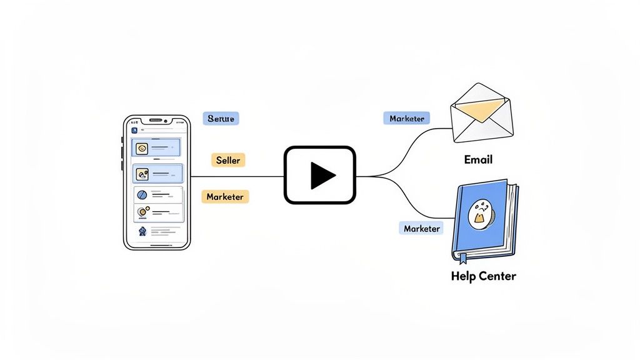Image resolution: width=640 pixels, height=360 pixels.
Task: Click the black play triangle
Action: (x=322, y=175)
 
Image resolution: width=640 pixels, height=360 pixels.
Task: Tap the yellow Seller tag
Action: (x=228, y=160)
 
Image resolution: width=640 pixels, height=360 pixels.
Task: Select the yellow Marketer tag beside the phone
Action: (x=225, y=196)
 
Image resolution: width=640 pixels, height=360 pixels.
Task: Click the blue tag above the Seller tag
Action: (x=221, y=118)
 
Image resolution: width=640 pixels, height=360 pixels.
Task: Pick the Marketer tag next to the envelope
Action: (x=406, y=118)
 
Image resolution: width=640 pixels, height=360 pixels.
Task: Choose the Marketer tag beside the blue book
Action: (x=421, y=228)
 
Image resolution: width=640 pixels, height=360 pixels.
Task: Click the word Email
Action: (x=478, y=159)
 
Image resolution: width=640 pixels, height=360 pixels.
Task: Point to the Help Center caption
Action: (x=483, y=276)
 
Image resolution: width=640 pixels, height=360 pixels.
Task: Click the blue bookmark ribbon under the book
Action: (x=463, y=257)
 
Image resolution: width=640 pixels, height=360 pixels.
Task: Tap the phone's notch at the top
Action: (x=156, y=120)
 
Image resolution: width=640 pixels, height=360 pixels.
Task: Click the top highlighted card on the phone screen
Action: (x=156, y=148)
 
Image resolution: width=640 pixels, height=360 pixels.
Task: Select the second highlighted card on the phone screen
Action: (x=157, y=173)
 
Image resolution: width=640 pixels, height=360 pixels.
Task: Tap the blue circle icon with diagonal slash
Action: (x=142, y=195)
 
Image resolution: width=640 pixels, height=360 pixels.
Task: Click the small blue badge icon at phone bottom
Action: (x=142, y=231)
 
